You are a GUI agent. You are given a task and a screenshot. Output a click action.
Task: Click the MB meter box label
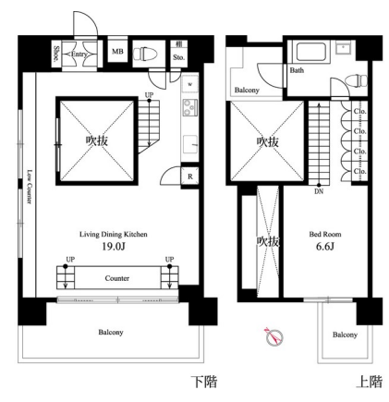click(117, 52)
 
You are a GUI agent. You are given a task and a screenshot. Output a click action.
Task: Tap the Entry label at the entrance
click(79, 55)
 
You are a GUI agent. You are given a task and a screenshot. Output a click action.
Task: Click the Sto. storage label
click(178, 57)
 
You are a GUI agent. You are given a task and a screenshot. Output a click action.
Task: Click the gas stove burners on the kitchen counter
click(188, 107)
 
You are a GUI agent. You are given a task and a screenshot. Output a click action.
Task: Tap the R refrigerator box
click(190, 177)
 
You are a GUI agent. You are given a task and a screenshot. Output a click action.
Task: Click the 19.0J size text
click(114, 247)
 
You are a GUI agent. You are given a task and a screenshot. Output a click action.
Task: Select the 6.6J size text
click(325, 247)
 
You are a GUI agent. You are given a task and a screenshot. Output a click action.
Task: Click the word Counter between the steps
click(117, 278)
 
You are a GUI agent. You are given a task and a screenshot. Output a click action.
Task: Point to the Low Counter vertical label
click(30, 187)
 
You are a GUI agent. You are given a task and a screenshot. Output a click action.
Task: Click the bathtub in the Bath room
click(310, 52)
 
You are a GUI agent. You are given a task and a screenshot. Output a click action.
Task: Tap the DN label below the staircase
click(319, 191)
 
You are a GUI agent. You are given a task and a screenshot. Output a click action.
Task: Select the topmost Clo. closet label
click(359, 111)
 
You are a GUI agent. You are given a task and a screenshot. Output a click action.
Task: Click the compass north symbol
click(274, 336)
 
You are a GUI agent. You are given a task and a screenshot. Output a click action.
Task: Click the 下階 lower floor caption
click(204, 382)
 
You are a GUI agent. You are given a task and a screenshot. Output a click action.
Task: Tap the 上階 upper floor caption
click(370, 382)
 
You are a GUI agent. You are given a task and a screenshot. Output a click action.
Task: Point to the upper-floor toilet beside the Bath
click(356, 80)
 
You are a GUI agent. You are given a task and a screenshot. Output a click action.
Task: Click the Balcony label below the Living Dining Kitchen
click(111, 332)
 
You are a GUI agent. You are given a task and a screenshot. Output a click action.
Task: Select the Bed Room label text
click(325, 235)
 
